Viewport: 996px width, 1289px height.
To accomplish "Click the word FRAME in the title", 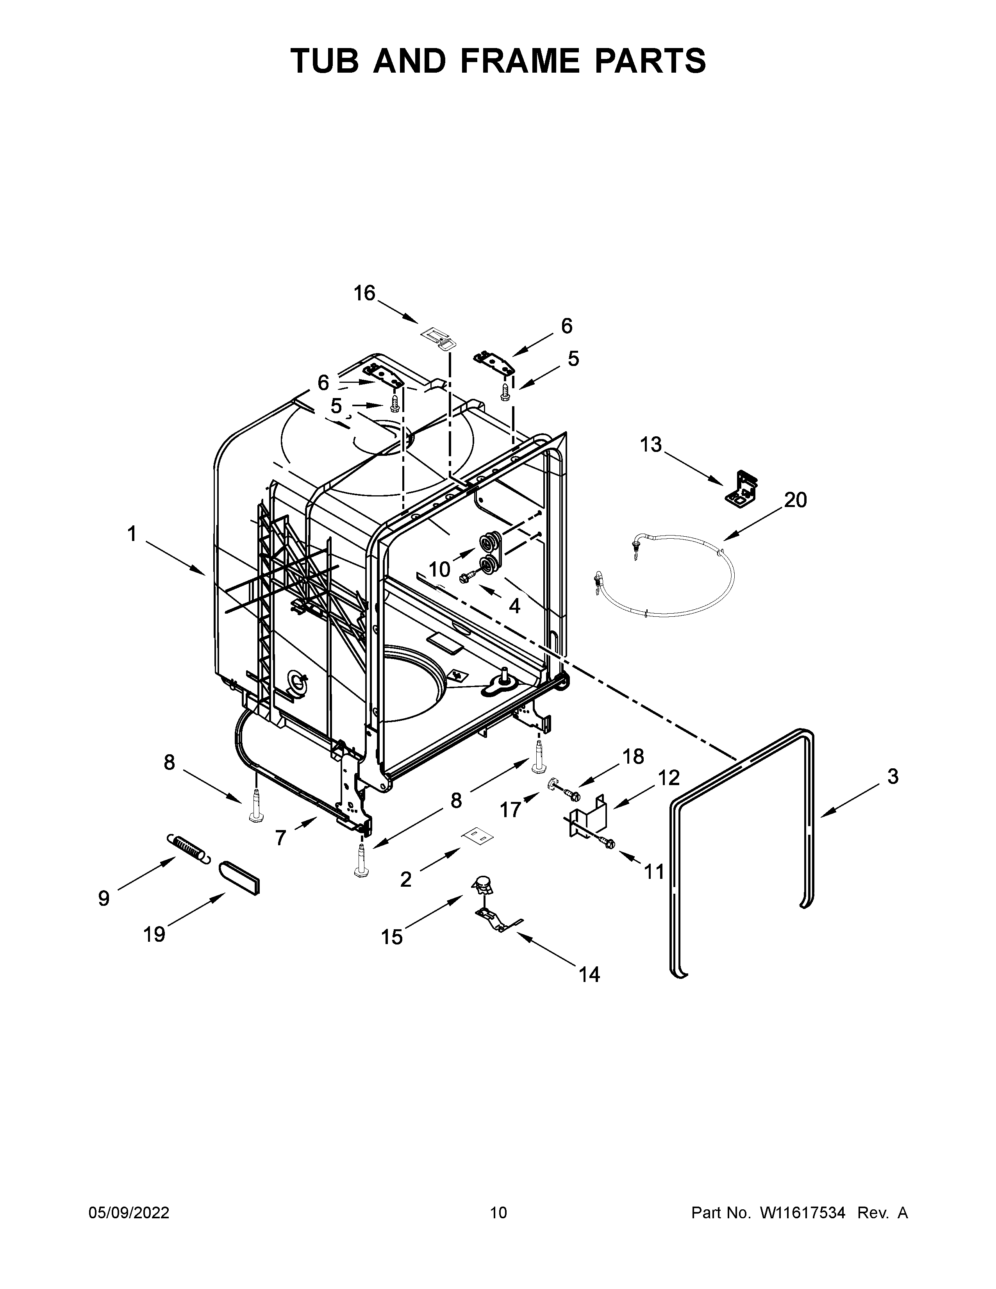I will (x=520, y=61).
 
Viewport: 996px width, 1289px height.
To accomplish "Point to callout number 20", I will (x=795, y=500).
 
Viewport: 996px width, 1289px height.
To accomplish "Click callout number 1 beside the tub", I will (x=132, y=534).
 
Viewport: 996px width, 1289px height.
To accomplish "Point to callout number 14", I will (x=589, y=975).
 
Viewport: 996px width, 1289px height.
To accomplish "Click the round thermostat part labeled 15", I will (x=483, y=885).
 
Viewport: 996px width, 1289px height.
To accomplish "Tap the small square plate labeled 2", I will (x=478, y=835).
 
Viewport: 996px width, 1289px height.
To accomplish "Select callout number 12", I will (x=669, y=777).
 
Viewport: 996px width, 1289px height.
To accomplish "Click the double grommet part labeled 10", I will (x=490, y=552).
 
